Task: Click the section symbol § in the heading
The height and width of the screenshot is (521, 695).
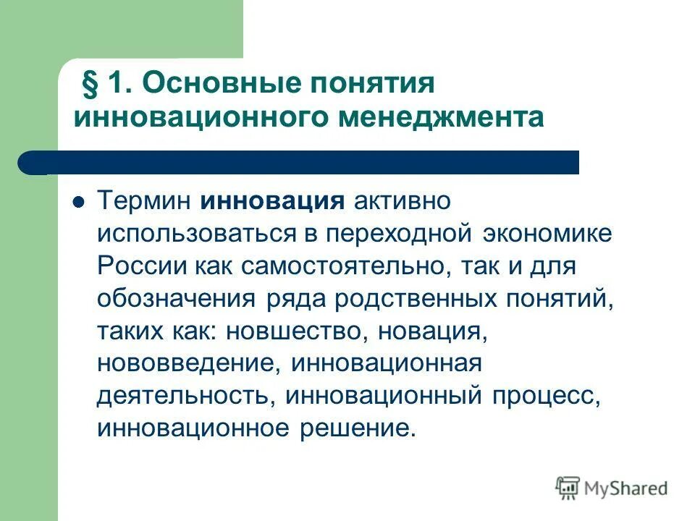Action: (x=93, y=84)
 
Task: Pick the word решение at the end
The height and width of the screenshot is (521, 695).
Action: (x=356, y=427)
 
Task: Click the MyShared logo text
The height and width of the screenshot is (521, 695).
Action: (x=628, y=489)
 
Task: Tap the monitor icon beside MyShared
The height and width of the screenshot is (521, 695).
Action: (x=568, y=488)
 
